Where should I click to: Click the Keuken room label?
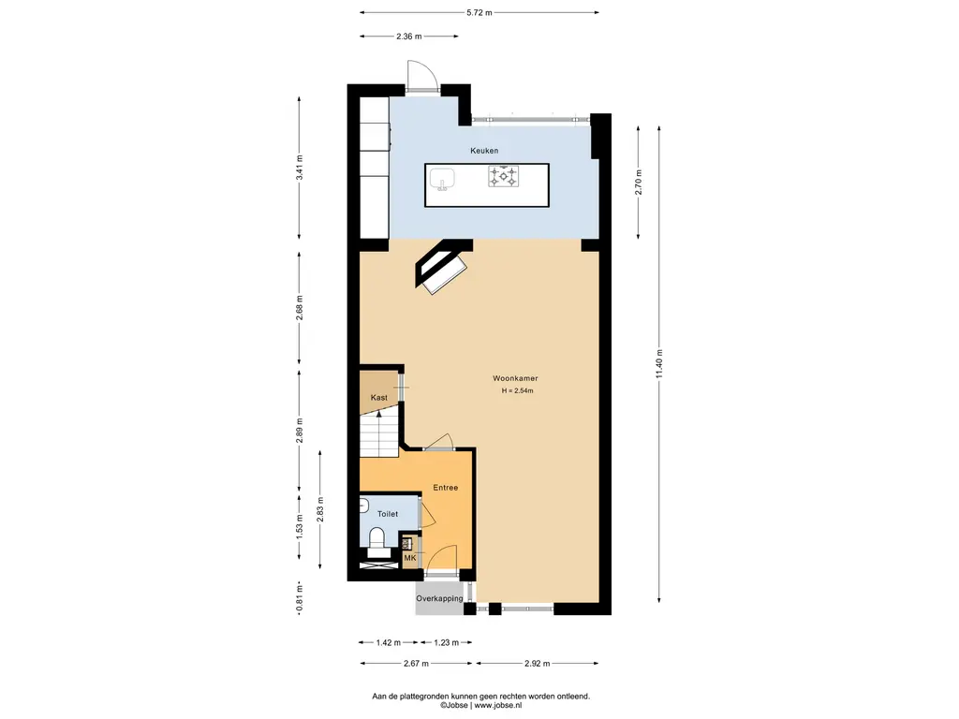[x=484, y=151]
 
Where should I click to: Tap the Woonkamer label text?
[x=515, y=378]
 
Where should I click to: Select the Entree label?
[x=445, y=487]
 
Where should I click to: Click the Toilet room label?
[x=387, y=514]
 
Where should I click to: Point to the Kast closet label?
[x=379, y=397]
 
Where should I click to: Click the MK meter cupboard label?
[x=410, y=558]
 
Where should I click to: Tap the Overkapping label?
[x=439, y=598]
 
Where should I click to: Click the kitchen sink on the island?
[x=441, y=180]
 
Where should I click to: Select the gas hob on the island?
[x=503, y=176]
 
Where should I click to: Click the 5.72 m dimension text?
[x=479, y=12]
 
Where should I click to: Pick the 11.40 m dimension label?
[x=659, y=364]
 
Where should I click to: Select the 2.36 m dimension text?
[x=408, y=37]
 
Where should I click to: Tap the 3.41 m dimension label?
[x=299, y=168]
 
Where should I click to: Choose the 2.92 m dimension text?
[x=537, y=664]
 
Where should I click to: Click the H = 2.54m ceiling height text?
[x=517, y=390]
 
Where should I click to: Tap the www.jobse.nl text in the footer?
[x=498, y=706]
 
